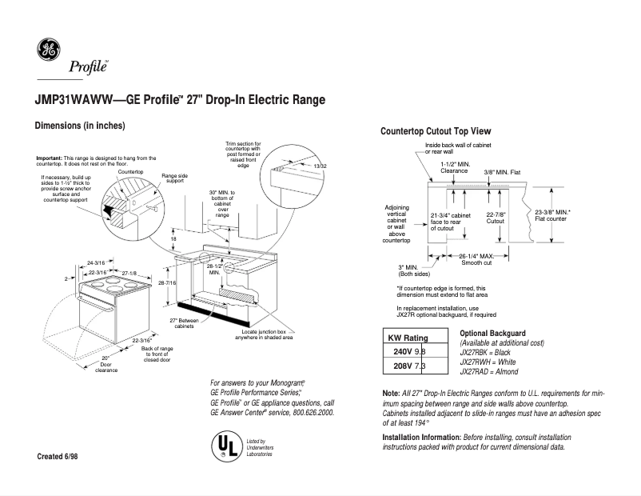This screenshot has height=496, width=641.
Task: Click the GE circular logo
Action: [x=49, y=51]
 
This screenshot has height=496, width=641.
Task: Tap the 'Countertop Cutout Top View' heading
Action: [x=436, y=131]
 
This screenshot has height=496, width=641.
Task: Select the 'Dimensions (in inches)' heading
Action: [x=79, y=126]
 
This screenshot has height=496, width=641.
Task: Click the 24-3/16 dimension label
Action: [x=95, y=262]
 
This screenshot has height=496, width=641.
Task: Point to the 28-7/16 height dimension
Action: [x=168, y=284]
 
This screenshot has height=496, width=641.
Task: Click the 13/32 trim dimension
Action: [x=320, y=166]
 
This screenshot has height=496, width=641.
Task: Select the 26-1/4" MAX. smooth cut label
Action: [x=474, y=259]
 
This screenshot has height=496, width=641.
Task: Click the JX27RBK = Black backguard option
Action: [x=490, y=353]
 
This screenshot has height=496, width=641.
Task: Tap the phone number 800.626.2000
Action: [x=306, y=412]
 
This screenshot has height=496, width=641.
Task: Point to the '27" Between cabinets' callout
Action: [x=183, y=323]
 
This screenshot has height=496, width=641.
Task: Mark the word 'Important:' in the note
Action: [x=50, y=158]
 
